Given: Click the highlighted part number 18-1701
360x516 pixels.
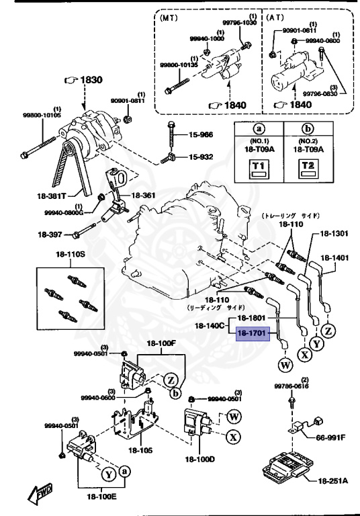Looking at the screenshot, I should click(252, 333).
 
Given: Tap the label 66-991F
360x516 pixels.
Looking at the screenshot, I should click(330, 437).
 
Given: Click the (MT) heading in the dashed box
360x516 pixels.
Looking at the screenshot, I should click(170, 19).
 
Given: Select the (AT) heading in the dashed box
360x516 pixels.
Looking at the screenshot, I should click(275, 19).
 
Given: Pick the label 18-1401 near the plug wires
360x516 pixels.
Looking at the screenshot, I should click(334, 257).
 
